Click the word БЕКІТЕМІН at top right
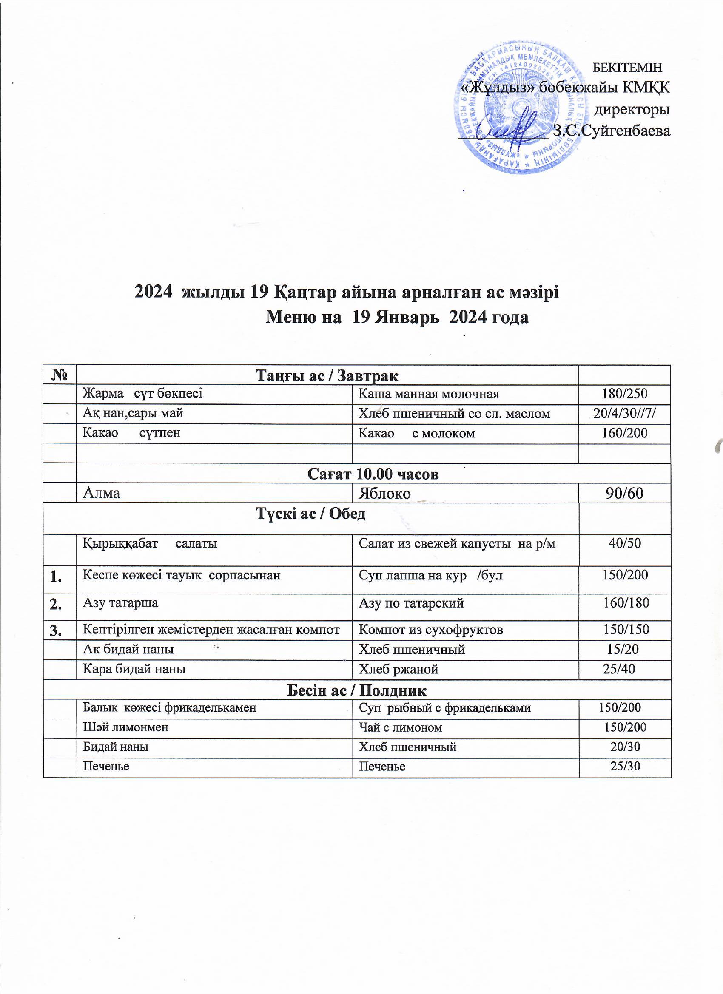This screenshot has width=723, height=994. click(626, 68)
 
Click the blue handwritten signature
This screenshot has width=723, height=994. click(513, 127)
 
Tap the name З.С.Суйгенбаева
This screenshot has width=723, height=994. click(612, 131)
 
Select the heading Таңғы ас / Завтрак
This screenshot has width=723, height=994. click(327, 375)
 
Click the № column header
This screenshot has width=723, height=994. click(60, 375)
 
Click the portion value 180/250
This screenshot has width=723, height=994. click(624, 394)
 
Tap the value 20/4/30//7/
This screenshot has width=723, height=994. click(624, 414)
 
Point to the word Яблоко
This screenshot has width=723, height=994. click(384, 494)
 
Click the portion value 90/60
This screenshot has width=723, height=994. click(624, 494)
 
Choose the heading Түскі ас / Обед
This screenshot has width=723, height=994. click(310, 514)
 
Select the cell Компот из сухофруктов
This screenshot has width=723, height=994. click(430, 630)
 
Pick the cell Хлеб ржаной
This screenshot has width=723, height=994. click(398, 669)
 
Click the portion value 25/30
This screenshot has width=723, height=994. click(625, 766)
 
